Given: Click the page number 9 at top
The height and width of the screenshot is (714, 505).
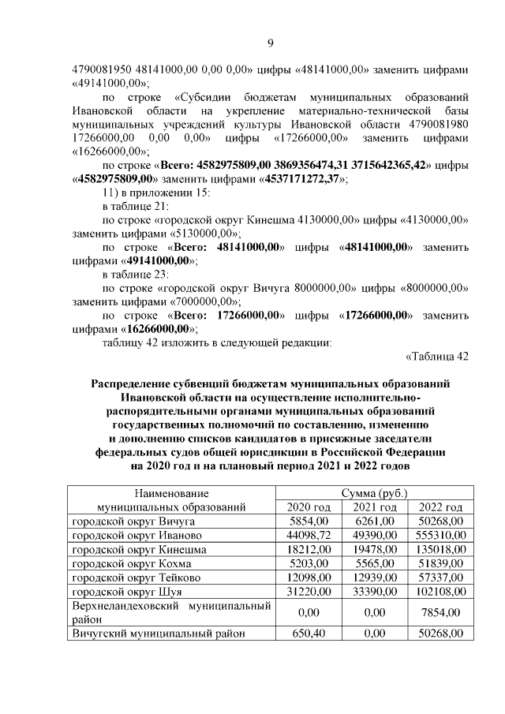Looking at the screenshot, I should (x=270, y=43).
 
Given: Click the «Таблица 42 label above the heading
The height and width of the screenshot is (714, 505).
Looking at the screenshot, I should (x=437, y=356).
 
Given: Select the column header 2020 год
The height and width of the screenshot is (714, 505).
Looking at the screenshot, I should (x=309, y=507).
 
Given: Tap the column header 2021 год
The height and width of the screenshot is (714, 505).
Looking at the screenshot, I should (x=374, y=507).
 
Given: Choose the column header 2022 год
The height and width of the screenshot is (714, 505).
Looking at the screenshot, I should (x=440, y=507).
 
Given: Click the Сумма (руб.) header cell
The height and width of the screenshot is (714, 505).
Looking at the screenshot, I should (x=374, y=493).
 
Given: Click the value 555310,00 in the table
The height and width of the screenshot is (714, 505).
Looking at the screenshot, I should (x=440, y=535).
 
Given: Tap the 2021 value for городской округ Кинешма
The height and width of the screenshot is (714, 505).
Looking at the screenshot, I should (x=374, y=549).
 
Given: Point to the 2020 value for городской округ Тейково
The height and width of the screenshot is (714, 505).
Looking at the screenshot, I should (x=308, y=578).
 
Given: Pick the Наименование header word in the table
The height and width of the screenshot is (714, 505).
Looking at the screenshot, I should (x=170, y=493).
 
